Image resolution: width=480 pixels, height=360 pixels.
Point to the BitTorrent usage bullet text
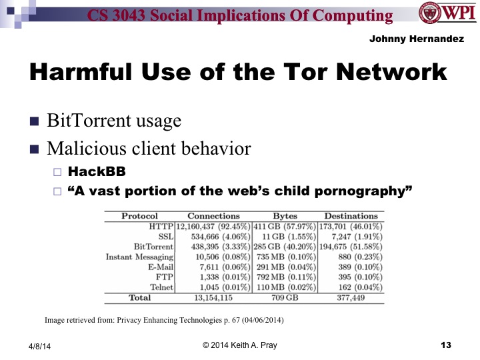point(113,121)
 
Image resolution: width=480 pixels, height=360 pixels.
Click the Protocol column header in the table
point(139,216)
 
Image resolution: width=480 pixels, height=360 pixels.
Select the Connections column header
point(213,216)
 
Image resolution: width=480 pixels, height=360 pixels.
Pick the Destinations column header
point(351,216)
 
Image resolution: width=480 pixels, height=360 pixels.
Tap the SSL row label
point(164,236)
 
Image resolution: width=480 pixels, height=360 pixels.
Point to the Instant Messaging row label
point(140,256)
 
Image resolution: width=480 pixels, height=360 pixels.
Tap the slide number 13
point(446,345)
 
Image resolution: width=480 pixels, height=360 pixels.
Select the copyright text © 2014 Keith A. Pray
point(240,345)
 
